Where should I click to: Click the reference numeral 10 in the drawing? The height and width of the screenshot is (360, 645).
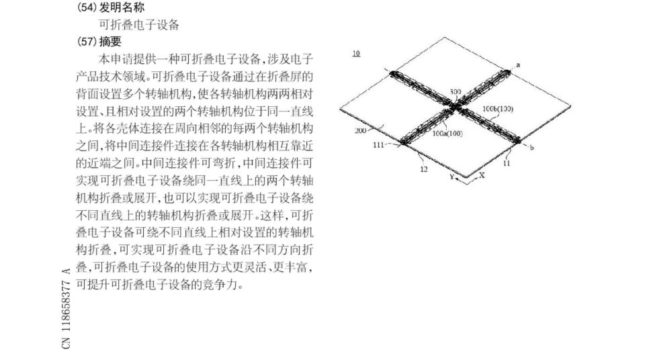tap(356, 54)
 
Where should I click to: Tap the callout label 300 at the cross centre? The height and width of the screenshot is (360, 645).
tap(456, 92)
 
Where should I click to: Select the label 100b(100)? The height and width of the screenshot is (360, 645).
tap(498, 109)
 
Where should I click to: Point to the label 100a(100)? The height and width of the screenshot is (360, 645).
tap(447, 133)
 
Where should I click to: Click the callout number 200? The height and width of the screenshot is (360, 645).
tap(360, 131)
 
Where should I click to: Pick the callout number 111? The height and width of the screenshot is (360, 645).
tap(378, 145)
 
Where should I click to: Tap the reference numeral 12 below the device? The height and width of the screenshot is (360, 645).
tap(424, 169)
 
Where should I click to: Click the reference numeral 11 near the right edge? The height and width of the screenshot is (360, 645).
tap(507, 163)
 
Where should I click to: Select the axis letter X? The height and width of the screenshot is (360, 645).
tap(482, 175)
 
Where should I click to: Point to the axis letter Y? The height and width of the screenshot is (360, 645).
tap(451, 177)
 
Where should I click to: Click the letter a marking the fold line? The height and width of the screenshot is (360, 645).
tap(518, 65)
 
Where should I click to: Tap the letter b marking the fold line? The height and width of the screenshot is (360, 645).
tap(531, 147)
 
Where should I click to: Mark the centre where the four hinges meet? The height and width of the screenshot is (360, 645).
tap(455, 107)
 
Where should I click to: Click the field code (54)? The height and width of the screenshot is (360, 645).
tap(87, 7)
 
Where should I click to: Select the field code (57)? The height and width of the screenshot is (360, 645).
tap(87, 42)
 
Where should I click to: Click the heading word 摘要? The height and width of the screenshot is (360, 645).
tap(110, 42)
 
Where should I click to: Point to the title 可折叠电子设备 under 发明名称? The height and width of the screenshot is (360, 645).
tap(139, 25)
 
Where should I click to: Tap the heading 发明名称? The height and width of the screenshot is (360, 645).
tap(122, 7)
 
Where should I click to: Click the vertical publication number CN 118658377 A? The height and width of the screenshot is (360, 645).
tap(67, 308)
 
